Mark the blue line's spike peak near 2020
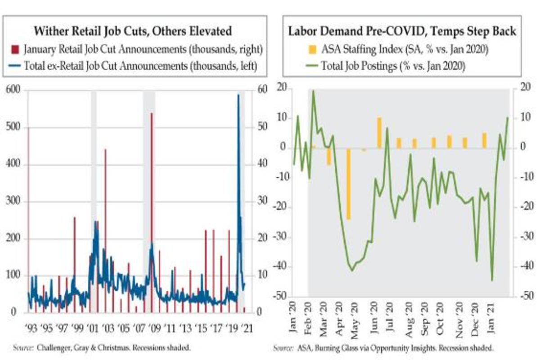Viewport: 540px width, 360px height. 238,95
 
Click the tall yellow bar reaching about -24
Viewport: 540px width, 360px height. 348,184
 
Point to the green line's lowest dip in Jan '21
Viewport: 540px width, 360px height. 492,280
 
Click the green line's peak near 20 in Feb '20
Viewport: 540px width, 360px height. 313,91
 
